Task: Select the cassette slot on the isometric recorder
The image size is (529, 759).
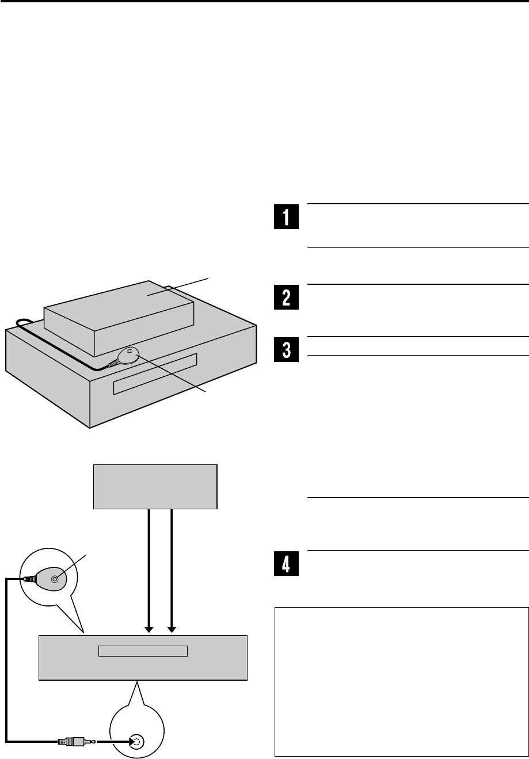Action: [155, 374]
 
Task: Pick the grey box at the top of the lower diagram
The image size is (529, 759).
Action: [155, 486]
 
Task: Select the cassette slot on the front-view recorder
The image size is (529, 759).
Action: [143, 651]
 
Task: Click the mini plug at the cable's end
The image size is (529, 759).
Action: [72, 742]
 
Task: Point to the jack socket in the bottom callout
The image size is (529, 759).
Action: [137, 742]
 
